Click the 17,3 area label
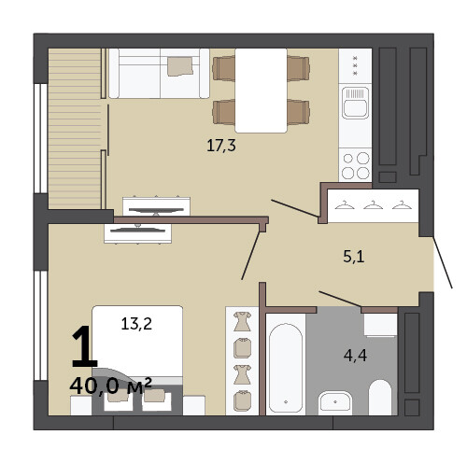click(221, 146)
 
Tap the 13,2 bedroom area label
click(136, 324)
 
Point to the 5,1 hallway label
click(354, 257)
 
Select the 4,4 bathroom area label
click(355, 356)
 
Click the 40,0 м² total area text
click(110, 386)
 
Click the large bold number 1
click(84, 346)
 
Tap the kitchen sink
click(355, 103)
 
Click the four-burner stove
click(355, 165)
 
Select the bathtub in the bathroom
click(286, 368)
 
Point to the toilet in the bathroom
click(380, 398)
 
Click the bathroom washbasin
click(335, 402)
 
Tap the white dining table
click(261, 91)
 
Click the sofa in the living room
click(159, 74)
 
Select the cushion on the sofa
click(180, 66)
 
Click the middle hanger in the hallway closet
click(373, 205)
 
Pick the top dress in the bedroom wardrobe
click(242, 321)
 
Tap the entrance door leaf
click(443, 262)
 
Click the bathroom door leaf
click(340, 299)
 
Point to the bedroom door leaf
click(250, 255)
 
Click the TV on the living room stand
click(156, 211)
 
